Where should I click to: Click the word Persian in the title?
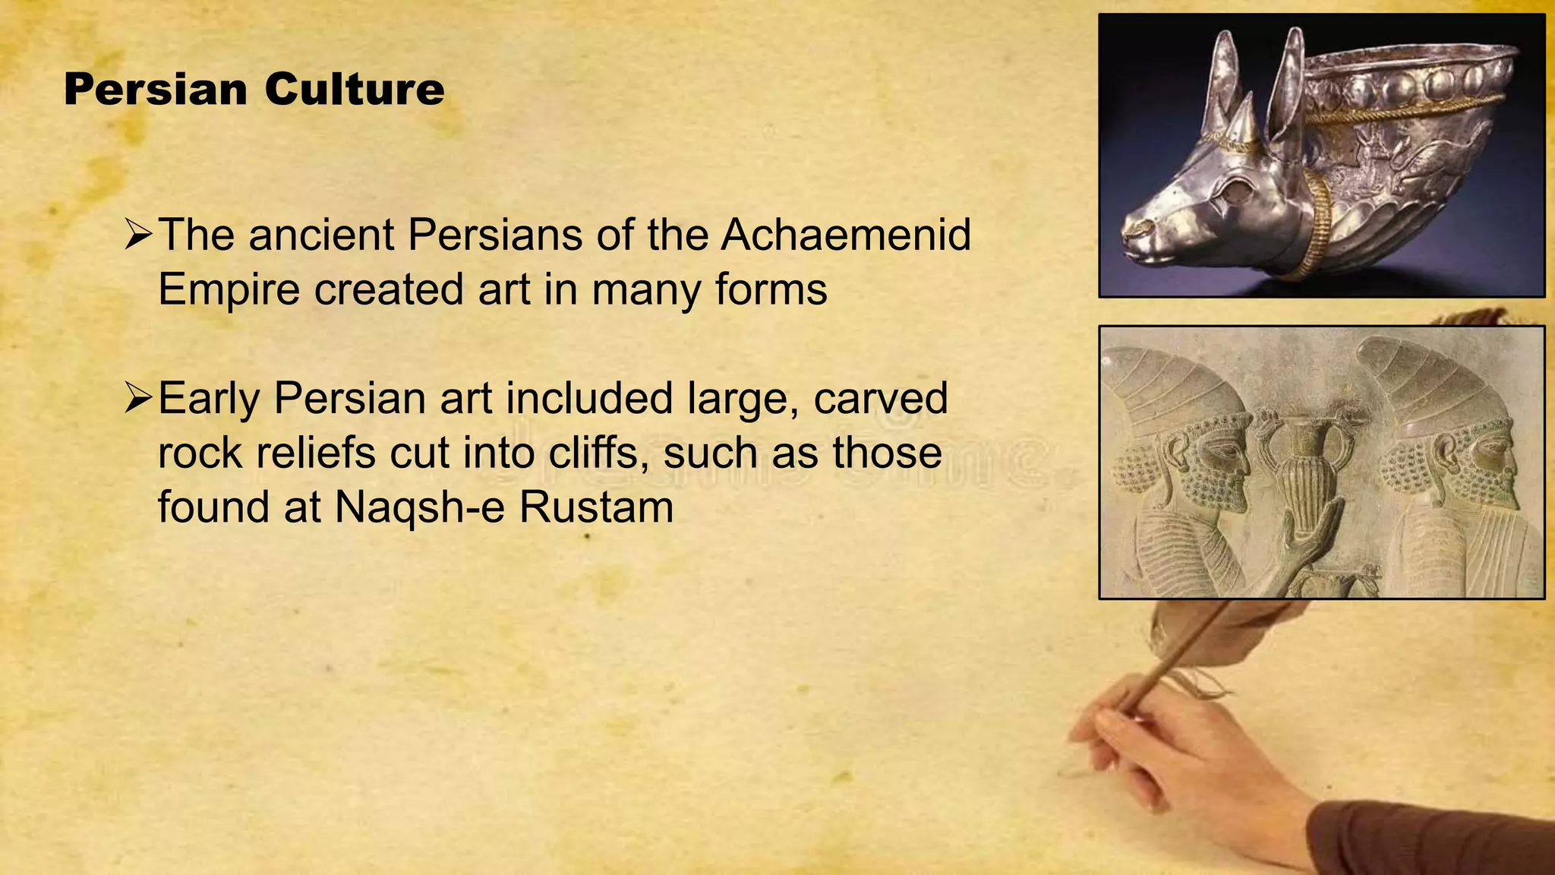156,90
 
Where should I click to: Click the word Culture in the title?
354,90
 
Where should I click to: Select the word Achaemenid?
846,235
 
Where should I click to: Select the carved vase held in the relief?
1297,463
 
